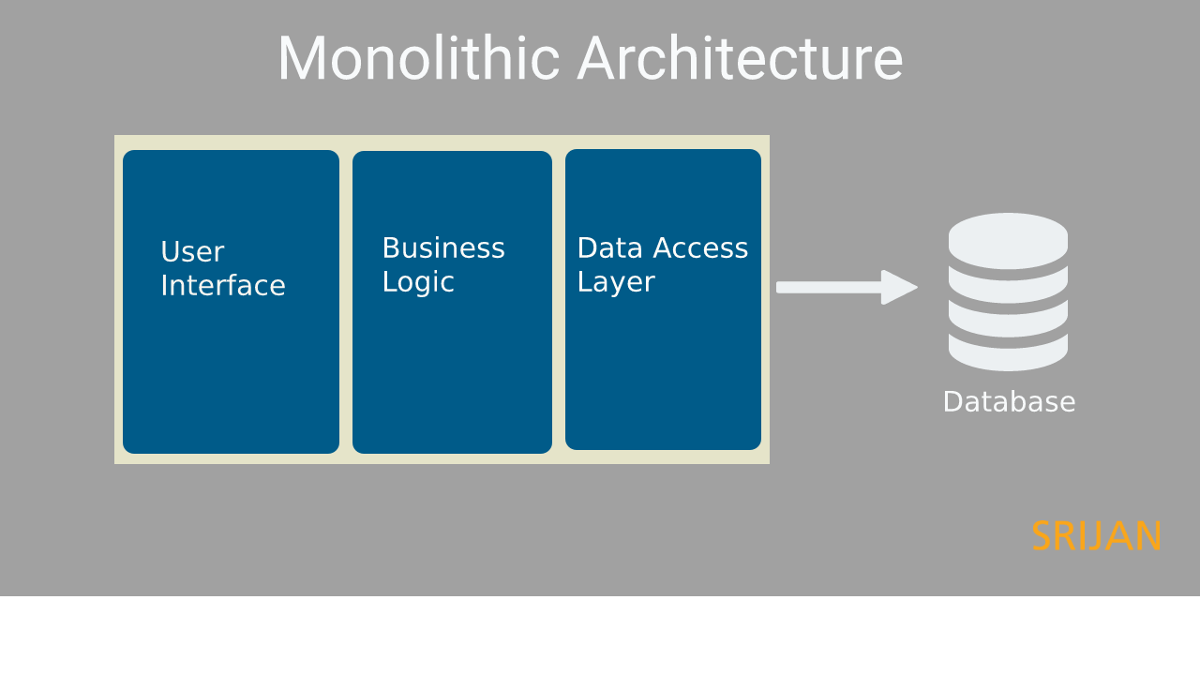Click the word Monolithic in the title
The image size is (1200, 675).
418,59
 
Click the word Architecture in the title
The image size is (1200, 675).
740,59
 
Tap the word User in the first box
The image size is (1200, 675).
192,252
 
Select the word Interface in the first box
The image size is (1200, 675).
222,286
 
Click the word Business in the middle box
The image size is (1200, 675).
442,248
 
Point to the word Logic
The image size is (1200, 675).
417,282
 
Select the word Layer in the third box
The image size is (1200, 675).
615,282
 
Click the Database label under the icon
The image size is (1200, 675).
1009,402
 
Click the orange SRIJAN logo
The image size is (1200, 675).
1096,536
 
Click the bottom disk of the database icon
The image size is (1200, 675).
1008,354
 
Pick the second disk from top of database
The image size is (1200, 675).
1008,287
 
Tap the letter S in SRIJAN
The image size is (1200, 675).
1042,536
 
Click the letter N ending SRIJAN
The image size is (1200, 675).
1148,536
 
